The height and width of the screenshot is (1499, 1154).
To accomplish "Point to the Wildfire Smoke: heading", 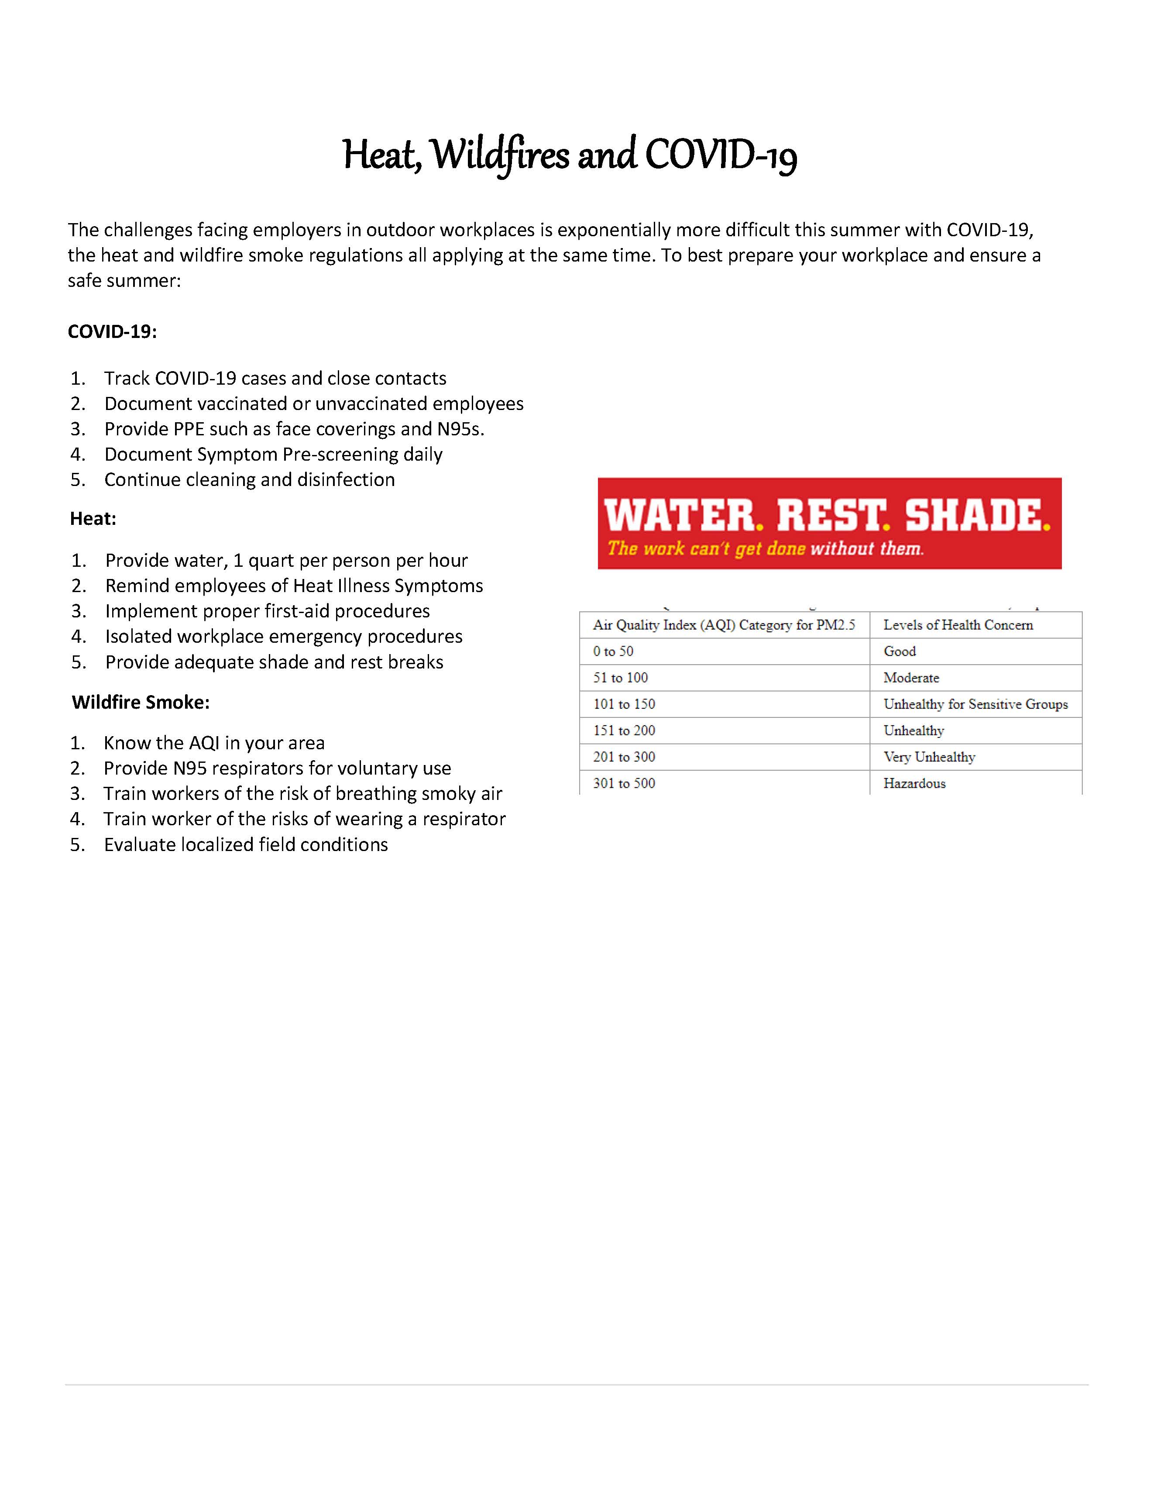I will point(141,702).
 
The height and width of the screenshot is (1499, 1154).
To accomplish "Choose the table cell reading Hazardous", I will point(914,783).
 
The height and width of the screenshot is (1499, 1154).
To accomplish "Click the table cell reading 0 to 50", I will point(613,651).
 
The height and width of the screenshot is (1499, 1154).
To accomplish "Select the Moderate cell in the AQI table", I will point(911,677).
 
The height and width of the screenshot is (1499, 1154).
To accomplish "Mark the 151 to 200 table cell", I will point(624,730).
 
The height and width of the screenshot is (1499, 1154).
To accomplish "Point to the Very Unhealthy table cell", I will point(929,757).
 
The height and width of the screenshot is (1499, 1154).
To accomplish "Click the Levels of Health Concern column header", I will point(958,624).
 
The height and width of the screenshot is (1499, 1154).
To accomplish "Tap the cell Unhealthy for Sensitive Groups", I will point(975,704).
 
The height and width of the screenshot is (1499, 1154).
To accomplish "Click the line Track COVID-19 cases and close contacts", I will point(275,378).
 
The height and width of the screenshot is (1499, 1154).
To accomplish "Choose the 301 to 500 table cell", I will point(624,783).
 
